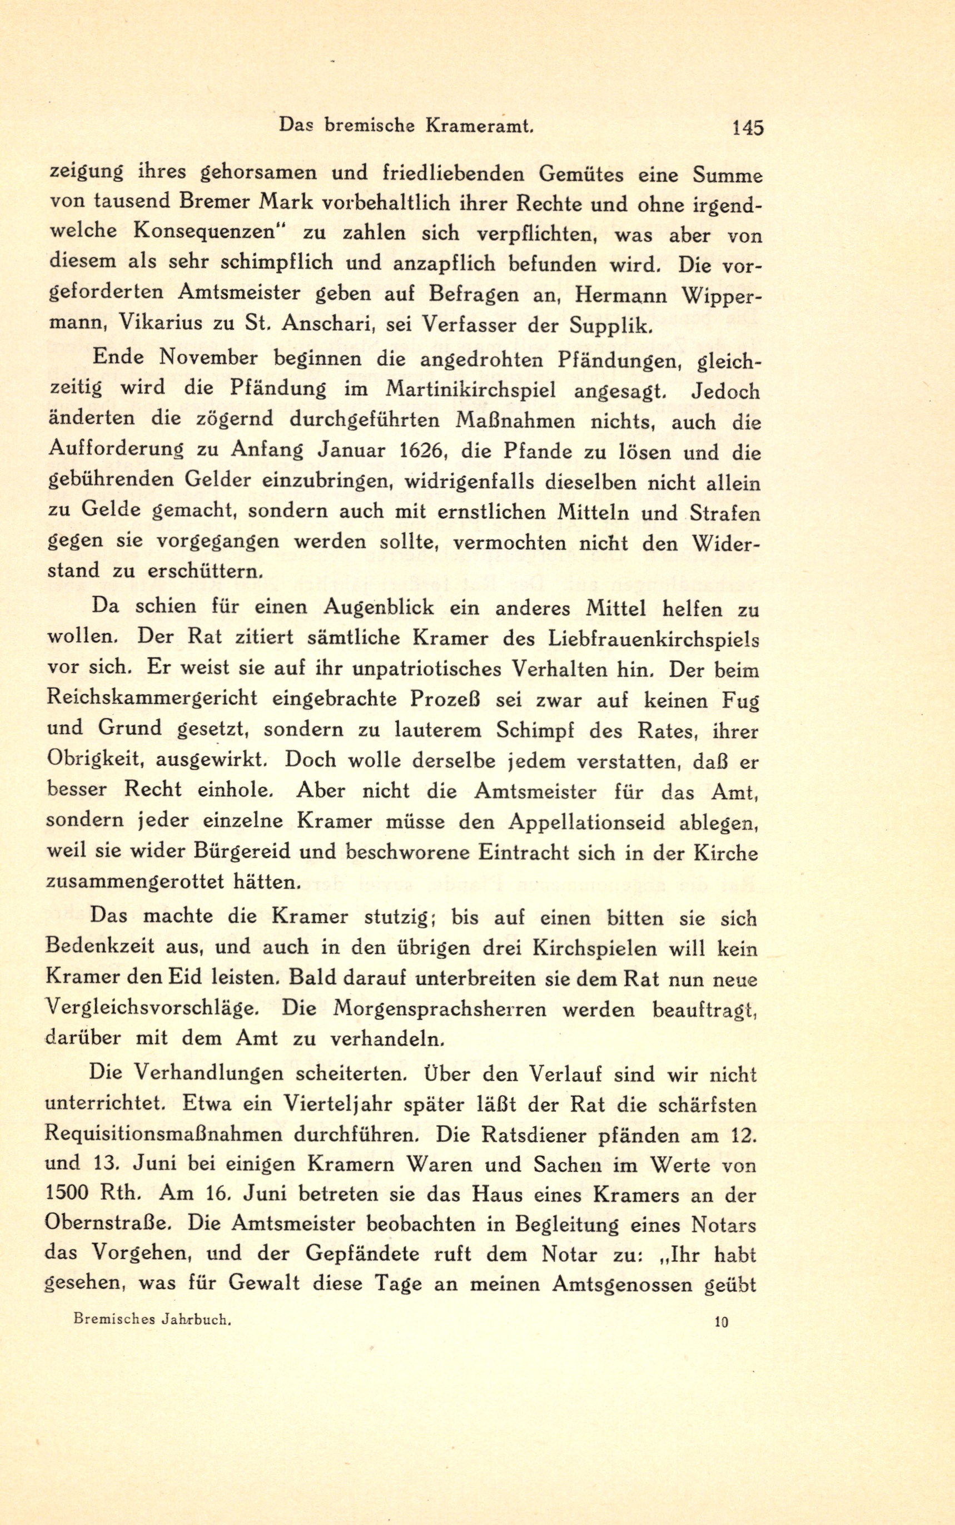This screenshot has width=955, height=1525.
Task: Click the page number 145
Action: click(747, 128)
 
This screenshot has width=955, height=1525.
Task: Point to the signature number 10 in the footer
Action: click(722, 1321)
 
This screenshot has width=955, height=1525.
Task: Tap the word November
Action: click(208, 358)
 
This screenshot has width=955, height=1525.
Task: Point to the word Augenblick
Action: click(379, 608)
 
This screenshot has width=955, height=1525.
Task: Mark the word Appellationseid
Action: click(585, 823)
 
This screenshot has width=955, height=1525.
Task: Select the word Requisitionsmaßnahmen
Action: click(162, 1135)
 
